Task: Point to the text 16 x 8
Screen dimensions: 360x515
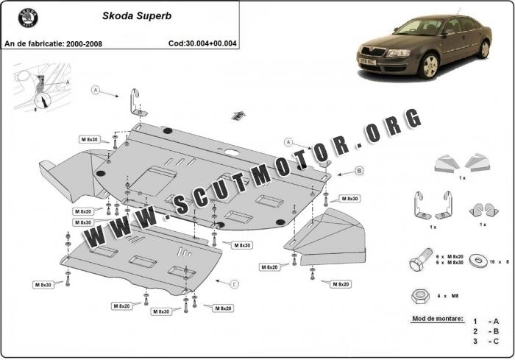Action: click(499, 261)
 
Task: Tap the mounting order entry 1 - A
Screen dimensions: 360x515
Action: click(486, 322)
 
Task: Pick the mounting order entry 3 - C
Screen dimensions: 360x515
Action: click(486, 342)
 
